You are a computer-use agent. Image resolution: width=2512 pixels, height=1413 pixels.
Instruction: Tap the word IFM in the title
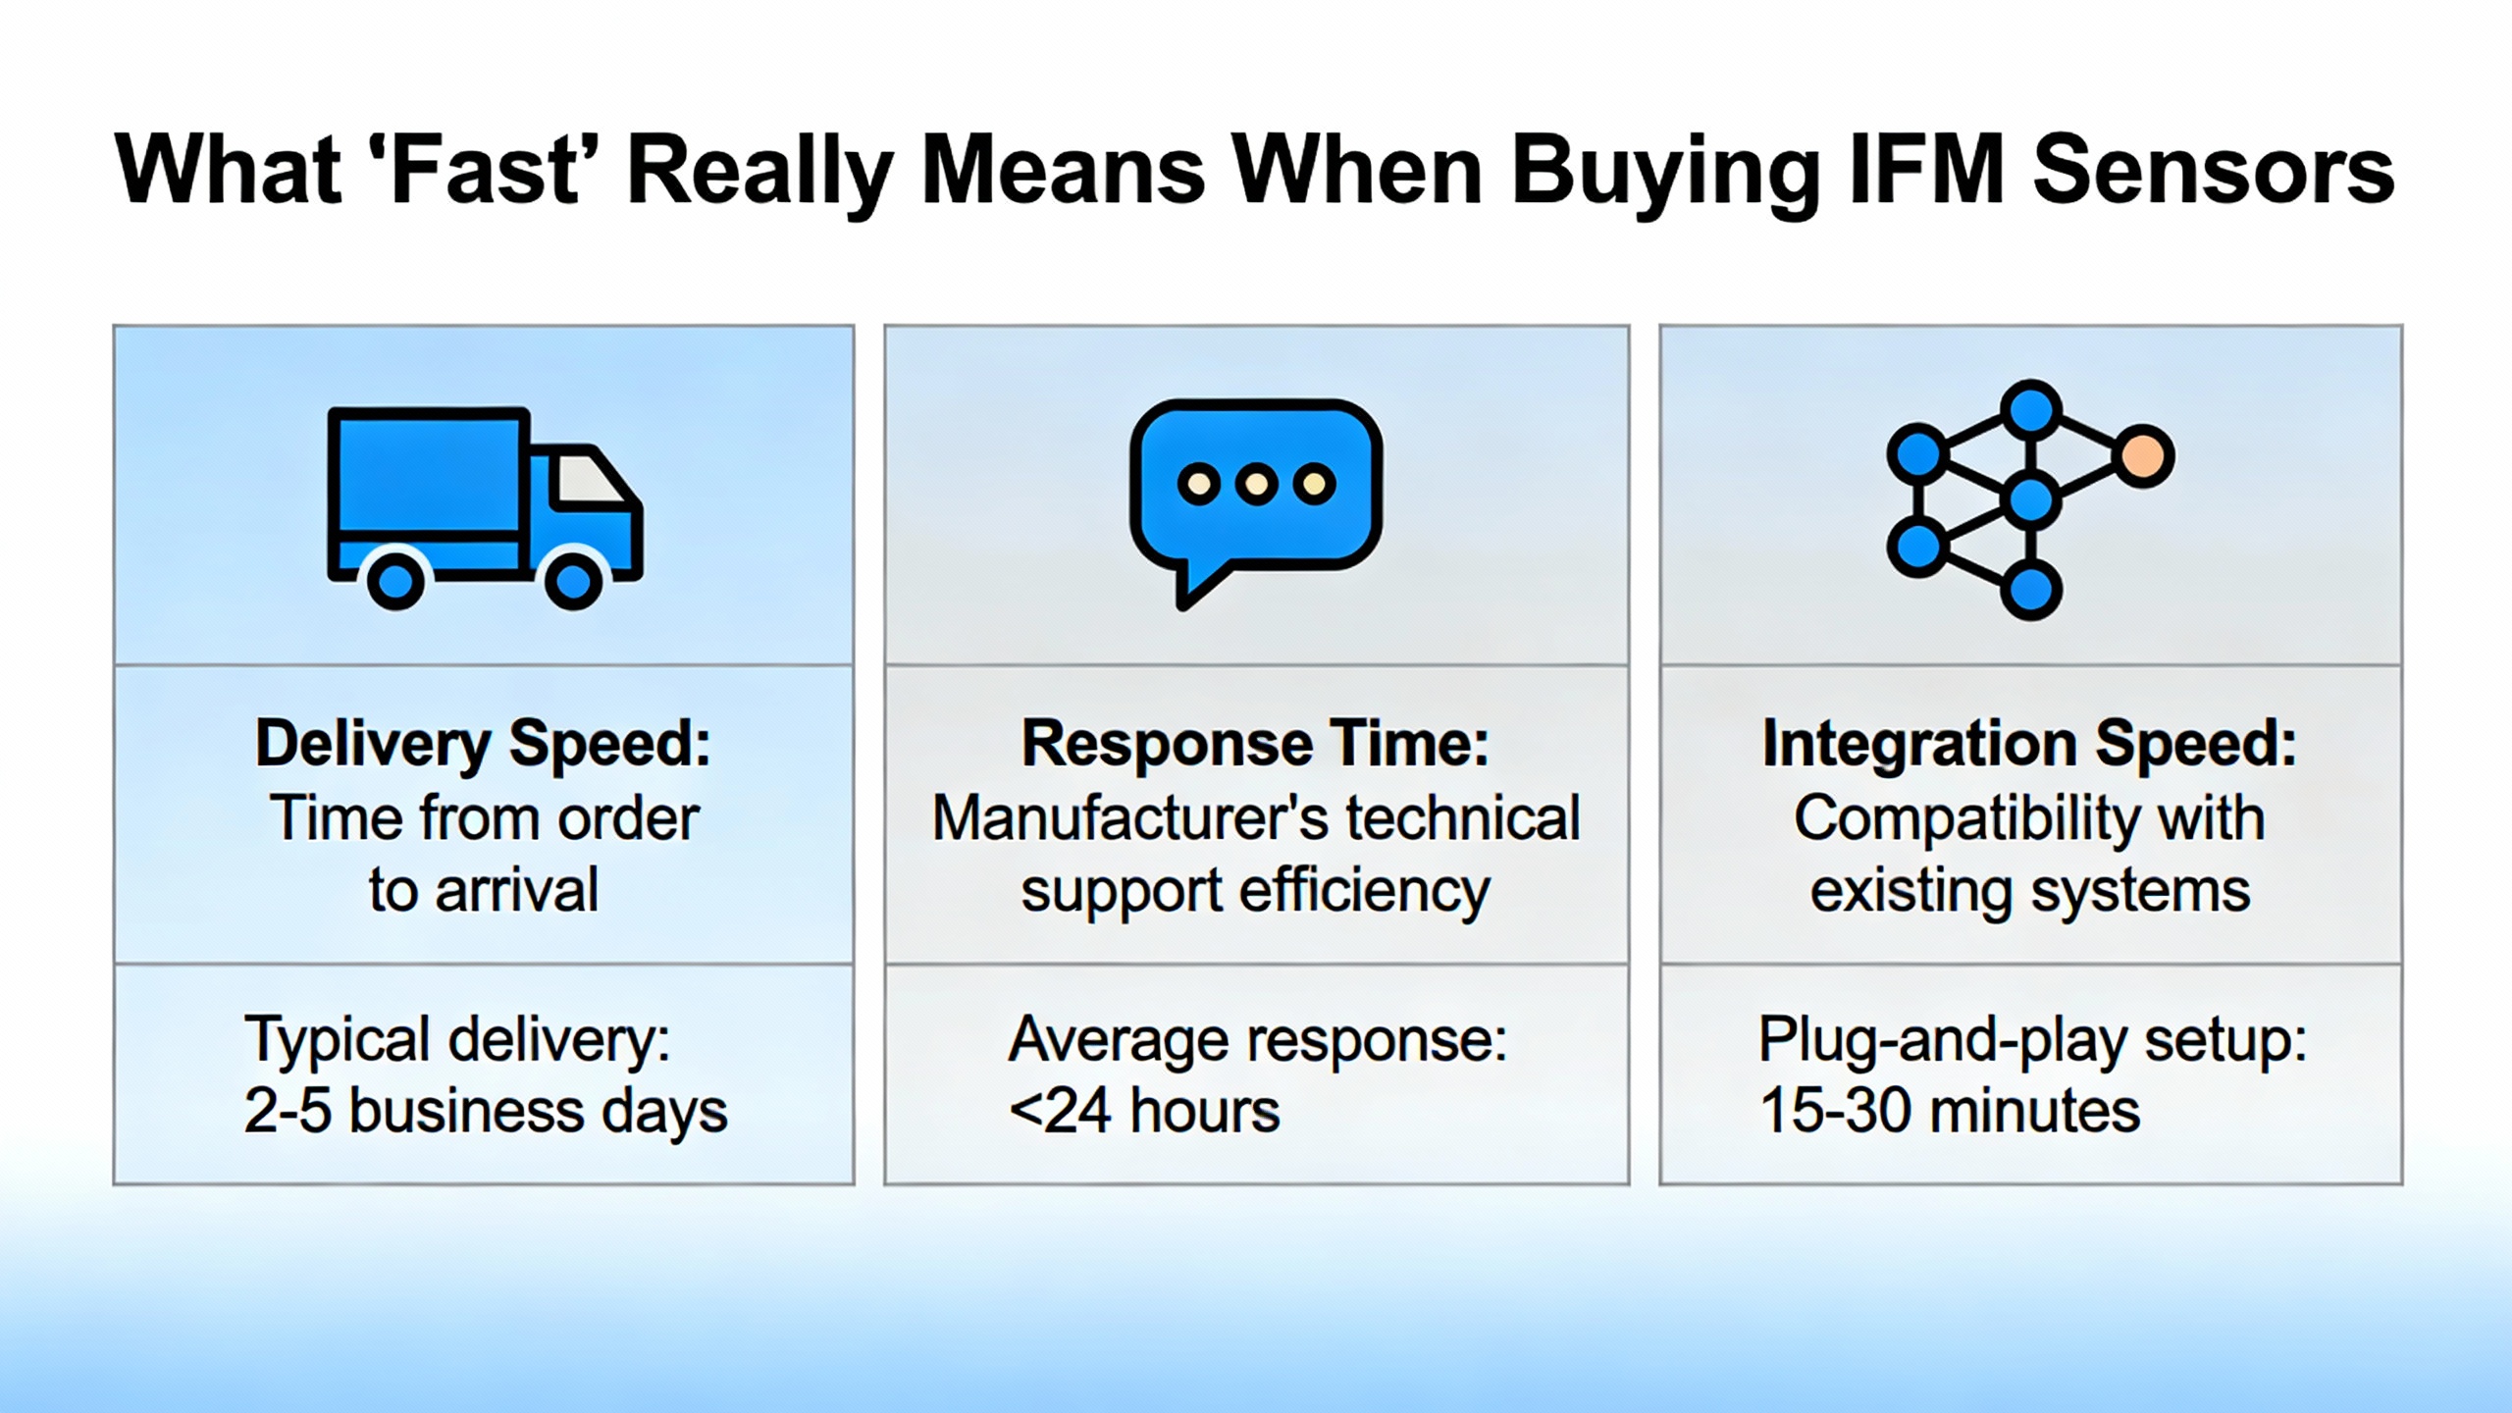coord(1924,171)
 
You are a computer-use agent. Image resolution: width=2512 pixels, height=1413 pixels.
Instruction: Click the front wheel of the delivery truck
coord(573,581)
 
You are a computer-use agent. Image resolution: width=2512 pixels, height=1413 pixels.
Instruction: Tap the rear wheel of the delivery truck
coord(395,581)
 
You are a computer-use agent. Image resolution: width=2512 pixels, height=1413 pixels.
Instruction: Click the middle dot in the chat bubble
coord(1256,484)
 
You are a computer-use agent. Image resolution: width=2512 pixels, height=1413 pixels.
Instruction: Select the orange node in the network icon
coord(2143,456)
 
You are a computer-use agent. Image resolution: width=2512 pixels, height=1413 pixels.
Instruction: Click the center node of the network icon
coord(2030,500)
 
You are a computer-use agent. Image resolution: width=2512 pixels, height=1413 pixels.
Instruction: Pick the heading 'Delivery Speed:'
coord(483,744)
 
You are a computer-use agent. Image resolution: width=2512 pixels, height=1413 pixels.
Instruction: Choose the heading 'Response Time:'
coord(1255,744)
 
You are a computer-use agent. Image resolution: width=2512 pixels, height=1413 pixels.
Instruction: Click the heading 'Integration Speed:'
coord(2030,744)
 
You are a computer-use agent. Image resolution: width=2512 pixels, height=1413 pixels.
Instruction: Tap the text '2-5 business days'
coord(486,1112)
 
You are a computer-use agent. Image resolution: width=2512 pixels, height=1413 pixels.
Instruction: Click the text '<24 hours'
coord(1144,1112)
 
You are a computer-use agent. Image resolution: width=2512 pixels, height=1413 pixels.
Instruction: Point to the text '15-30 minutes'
coord(1950,1112)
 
